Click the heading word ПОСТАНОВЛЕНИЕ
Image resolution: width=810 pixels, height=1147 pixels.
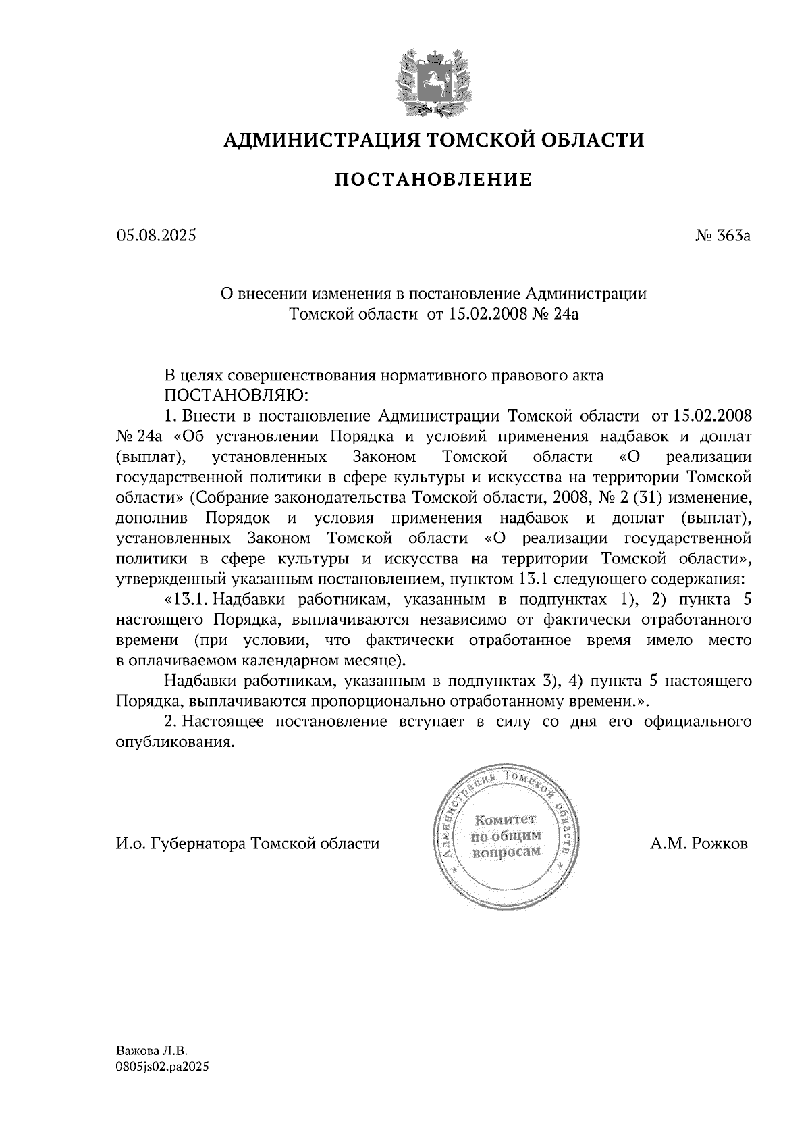click(434, 180)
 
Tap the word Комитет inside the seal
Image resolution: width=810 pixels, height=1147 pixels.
click(505, 821)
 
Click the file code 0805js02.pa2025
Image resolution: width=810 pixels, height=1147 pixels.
click(162, 1067)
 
